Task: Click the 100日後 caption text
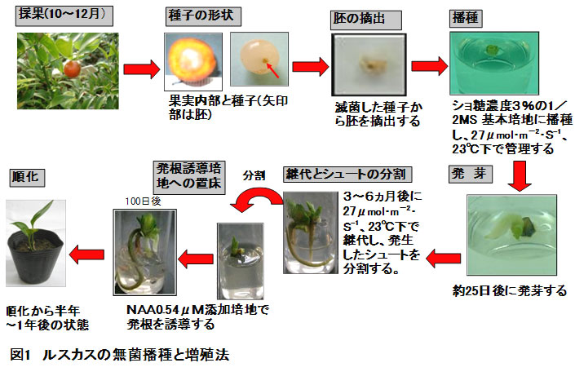pos(138,201)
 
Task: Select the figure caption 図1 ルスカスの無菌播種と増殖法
pos(125,356)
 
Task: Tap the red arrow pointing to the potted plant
pos(87,255)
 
